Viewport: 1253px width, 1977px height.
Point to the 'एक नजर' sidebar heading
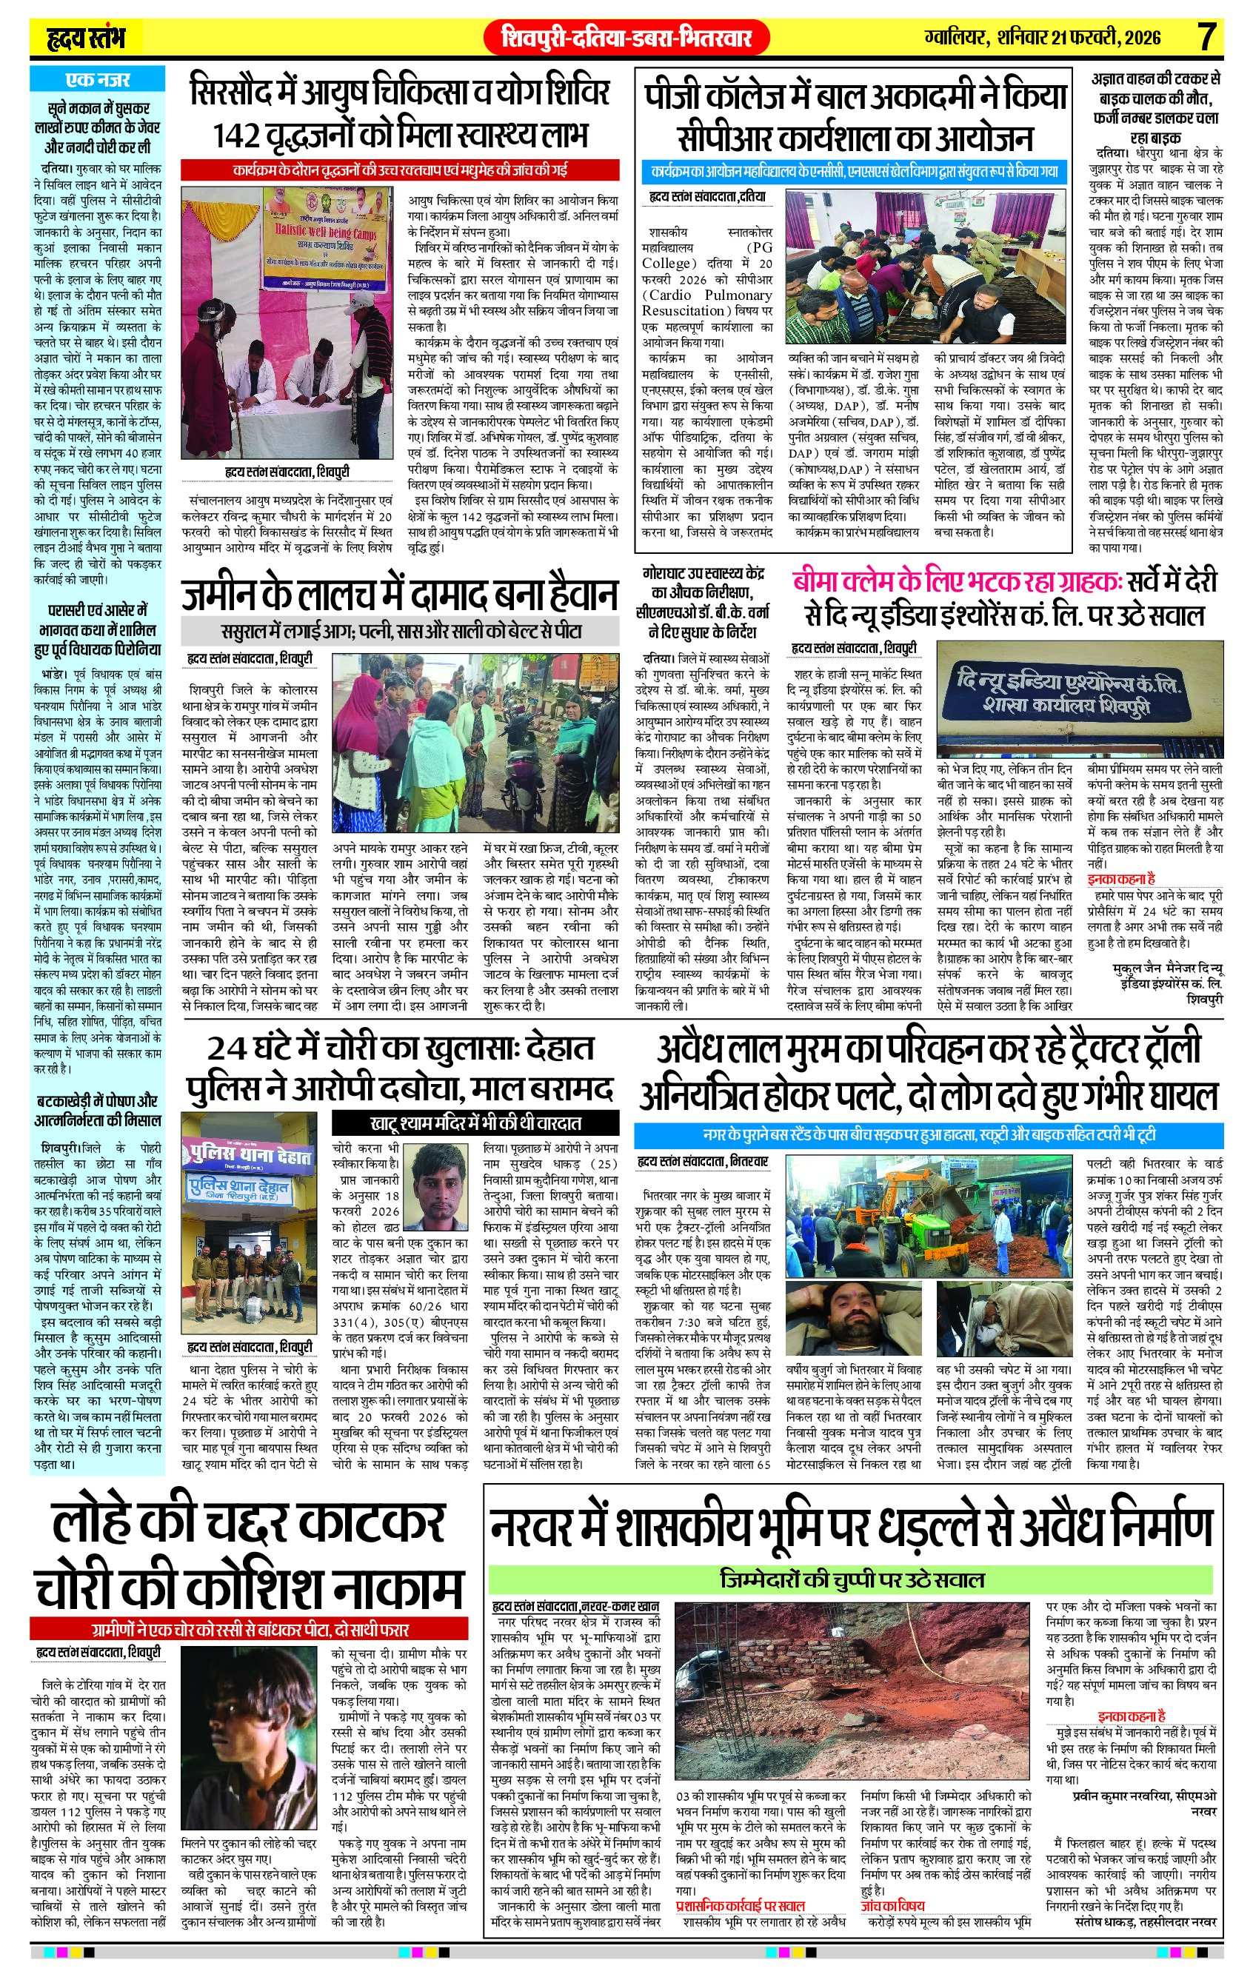click(97, 80)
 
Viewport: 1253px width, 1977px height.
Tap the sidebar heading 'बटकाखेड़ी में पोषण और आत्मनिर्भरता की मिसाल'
click(97, 1109)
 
